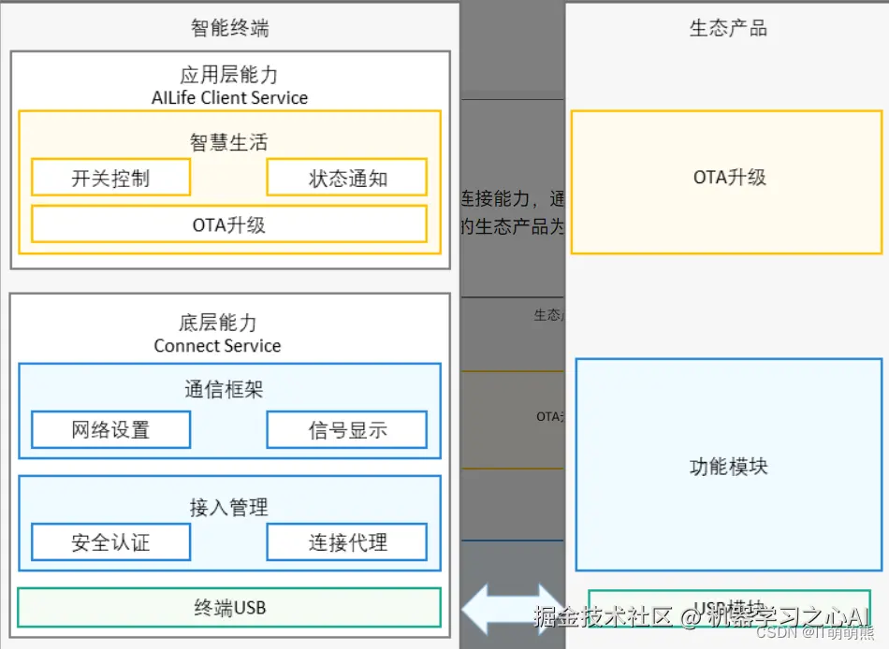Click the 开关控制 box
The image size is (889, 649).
pyautogui.click(x=110, y=178)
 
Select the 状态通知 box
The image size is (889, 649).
pyautogui.click(x=347, y=178)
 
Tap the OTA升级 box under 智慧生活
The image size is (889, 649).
pyautogui.click(x=229, y=224)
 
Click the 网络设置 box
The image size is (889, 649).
pyautogui.click(x=110, y=430)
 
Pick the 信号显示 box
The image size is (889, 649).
pyautogui.click(x=347, y=430)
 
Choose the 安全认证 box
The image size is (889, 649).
pyautogui.click(x=110, y=541)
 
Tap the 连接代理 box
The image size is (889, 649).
pyautogui.click(x=347, y=541)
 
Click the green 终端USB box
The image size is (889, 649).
pyautogui.click(x=229, y=608)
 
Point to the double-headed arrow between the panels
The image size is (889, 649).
pyautogui.click(x=512, y=609)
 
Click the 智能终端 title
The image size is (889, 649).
pyautogui.click(x=229, y=28)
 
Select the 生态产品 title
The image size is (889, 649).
pyautogui.click(x=727, y=28)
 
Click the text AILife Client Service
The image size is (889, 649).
pyautogui.click(x=229, y=97)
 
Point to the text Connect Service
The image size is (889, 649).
pyautogui.click(x=217, y=346)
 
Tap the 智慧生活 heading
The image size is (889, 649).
pyautogui.click(x=229, y=142)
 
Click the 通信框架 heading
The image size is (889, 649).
pyautogui.click(x=229, y=389)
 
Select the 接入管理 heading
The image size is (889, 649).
pyautogui.click(x=229, y=507)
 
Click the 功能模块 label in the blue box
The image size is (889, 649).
pyautogui.click(x=728, y=466)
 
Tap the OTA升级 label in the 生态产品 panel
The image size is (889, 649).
pyautogui.click(x=729, y=177)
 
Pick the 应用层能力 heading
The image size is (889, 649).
pyautogui.click(x=229, y=75)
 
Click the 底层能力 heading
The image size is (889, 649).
pyautogui.click(x=217, y=324)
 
